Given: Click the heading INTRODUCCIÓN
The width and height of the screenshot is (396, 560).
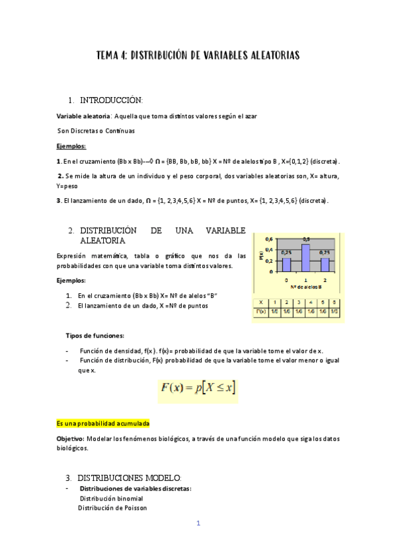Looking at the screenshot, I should pos(111,100).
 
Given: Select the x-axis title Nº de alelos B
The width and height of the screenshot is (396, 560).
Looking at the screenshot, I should pos(305,286).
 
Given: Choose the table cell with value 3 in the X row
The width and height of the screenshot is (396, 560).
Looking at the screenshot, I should pos(298,301).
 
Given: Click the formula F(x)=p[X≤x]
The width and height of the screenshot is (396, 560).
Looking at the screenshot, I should pos(198,389).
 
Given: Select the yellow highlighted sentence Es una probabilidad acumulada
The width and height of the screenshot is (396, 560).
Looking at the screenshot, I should pos(102,421).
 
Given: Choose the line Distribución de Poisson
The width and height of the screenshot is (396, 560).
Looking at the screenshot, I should pos(112,508).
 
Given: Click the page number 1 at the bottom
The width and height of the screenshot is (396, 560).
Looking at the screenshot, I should pos(198,524).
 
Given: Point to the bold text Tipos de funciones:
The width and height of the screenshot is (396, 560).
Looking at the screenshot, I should pos(95,335).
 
